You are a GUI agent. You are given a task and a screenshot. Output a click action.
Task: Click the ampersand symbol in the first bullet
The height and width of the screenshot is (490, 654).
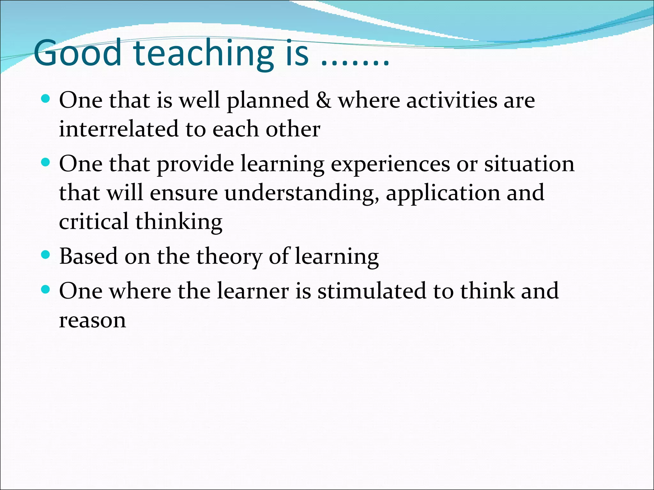click(323, 100)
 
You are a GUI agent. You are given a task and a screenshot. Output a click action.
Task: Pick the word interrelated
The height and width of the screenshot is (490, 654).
click(118, 129)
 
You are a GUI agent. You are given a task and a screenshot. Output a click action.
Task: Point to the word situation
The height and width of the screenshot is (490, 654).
click(529, 164)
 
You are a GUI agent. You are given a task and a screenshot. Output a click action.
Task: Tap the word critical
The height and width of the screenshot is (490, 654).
click(94, 221)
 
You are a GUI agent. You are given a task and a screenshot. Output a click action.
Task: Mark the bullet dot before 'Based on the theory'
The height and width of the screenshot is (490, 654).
click(46, 255)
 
